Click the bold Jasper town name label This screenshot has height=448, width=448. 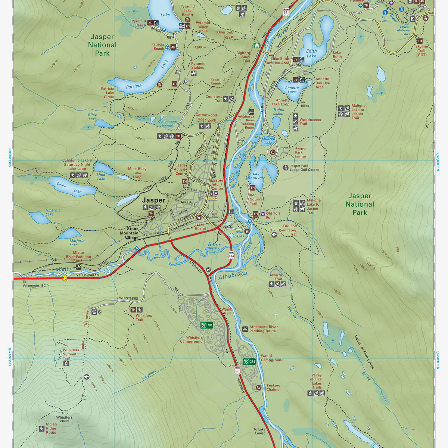click(153, 200)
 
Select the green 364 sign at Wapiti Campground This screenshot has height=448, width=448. click(249, 361)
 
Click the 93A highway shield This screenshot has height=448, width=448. click(231, 256)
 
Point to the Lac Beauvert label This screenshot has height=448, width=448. click(256, 175)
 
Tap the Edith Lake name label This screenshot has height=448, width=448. click(311, 53)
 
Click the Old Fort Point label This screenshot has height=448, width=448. click(273, 215)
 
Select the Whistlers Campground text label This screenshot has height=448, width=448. click(191, 339)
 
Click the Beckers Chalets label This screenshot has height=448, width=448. click(273, 388)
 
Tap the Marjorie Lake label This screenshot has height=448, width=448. click(77, 243)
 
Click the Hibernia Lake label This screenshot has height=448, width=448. click(53, 212)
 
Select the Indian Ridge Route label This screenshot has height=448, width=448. click(51, 428)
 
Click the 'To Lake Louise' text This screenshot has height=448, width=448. click(260, 431)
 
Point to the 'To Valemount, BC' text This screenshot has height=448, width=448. click(34, 283)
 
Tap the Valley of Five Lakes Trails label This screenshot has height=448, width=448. click(317, 381)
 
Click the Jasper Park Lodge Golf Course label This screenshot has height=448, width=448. click(304, 168)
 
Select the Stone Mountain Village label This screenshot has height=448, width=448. click(129, 233)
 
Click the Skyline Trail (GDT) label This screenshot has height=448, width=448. click(421, 51)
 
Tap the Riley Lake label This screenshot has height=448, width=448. click(92, 117)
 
